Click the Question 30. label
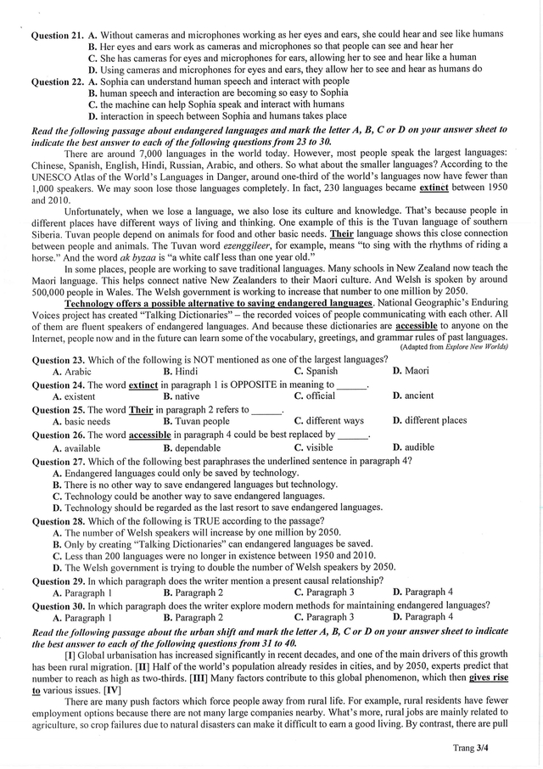tap(57, 605)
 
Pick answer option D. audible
tap(413, 447)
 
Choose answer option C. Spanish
tap(316, 371)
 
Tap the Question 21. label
tap(57, 35)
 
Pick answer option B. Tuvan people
tap(196, 421)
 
